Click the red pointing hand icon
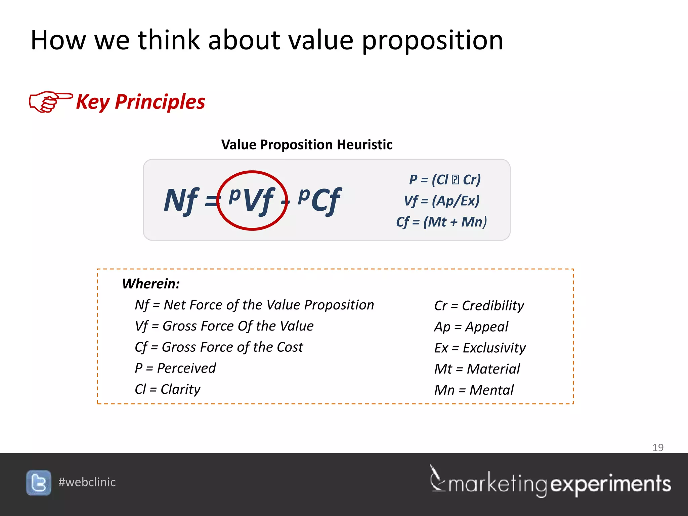point(50,101)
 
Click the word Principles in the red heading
point(160,102)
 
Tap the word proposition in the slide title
point(432,40)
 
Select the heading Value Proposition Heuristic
point(307,145)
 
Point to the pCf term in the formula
point(319,200)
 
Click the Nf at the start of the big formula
point(181,201)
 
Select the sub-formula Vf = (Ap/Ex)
point(441,201)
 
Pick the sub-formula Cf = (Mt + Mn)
point(441,222)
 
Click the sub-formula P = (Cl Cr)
point(445,180)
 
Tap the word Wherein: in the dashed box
point(151,284)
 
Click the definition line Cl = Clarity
point(167,389)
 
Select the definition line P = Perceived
point(175,368)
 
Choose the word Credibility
point(493,306)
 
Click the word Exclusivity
point(494,348)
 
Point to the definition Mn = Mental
point(474,390)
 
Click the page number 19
point(658,447)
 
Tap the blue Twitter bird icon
point(39,483)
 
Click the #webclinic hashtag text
point(87,482)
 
